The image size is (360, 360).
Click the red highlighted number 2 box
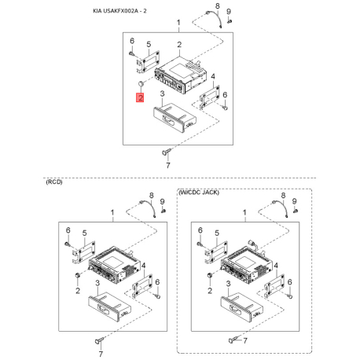[140, 97]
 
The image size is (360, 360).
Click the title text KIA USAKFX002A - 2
[119, 11]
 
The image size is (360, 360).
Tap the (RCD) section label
[54, 182]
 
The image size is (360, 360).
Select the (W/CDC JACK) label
[199, 193]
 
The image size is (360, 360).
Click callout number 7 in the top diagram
[168, 165]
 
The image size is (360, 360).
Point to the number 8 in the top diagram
[218, 6]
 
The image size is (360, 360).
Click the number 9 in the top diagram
[229, 12]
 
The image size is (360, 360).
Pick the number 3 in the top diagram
[163, 94]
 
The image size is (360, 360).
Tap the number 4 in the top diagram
[213, 76]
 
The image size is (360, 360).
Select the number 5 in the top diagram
[149, 44]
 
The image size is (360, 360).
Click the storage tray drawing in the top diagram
[174, 117]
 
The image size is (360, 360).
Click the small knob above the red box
[141, 84]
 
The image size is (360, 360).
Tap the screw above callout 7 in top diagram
[167, 152]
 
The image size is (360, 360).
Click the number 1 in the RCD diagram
[112, 212]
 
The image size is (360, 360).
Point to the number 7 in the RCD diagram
[101, 354]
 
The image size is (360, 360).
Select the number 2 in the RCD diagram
[78, 291]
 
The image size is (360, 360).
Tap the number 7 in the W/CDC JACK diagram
[245, 340]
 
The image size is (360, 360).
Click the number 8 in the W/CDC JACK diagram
[283, 196]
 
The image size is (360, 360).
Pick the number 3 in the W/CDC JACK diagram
[229, 284]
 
